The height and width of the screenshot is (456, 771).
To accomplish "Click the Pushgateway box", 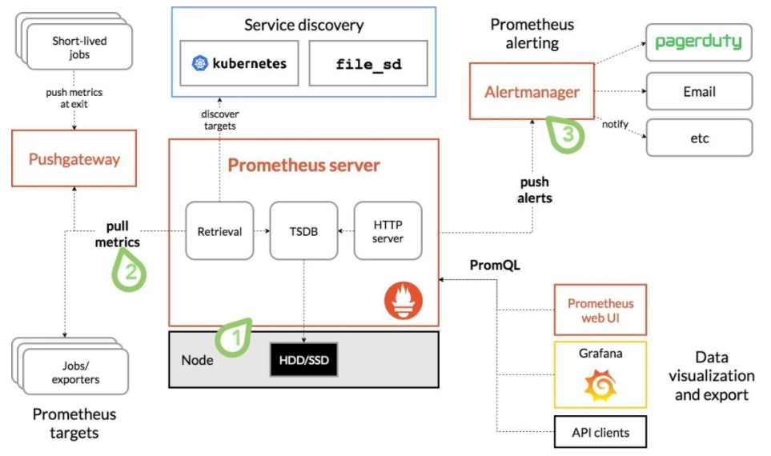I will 74,159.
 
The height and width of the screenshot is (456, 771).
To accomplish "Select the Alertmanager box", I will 532,92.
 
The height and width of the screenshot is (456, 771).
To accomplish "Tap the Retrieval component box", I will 219,231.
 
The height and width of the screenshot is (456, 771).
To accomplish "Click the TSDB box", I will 304,231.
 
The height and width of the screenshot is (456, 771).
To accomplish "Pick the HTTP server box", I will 388,231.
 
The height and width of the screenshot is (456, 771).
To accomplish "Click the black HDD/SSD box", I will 303,360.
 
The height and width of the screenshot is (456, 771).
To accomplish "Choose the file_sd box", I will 368,62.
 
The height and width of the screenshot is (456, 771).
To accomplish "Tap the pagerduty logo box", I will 699,42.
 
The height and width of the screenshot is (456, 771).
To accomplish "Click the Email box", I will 699,91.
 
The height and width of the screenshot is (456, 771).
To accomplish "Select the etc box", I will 699,138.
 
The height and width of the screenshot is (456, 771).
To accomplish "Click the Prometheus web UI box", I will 600,310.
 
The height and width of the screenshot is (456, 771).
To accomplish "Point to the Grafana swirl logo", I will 600,388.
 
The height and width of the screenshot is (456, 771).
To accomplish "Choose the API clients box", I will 600,433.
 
